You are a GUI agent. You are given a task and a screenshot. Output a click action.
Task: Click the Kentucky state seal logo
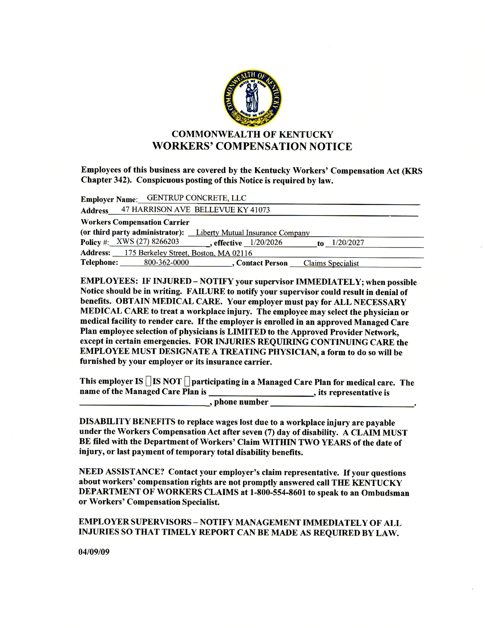(x=252, y=99)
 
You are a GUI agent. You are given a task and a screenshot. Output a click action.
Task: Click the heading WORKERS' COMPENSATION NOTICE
(x=252, y=146)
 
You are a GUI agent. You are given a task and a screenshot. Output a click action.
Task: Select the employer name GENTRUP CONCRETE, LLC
(x=196, y=198)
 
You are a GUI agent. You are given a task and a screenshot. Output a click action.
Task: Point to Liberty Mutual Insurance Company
(x=253, y=233)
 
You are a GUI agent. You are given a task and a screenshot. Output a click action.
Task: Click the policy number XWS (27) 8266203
(x=148, y=241)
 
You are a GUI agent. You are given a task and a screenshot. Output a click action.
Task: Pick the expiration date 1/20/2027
(x=348, y=243)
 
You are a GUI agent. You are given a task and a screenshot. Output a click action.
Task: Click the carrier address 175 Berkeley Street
(x=156, y=253)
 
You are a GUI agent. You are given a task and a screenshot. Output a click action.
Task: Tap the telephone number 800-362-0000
(x=166, y=262)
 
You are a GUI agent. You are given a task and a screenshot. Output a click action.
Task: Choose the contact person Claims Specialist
(x=331, y=263)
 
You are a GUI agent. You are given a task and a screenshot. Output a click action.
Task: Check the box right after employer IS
(x=148, y=381)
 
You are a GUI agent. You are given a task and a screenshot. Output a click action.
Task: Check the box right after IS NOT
(x=187, y=381)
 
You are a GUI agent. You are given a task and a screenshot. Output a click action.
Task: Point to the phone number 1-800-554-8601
(x=277, y=493)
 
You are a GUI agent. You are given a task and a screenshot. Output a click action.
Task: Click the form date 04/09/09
(x=94, y=552)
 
